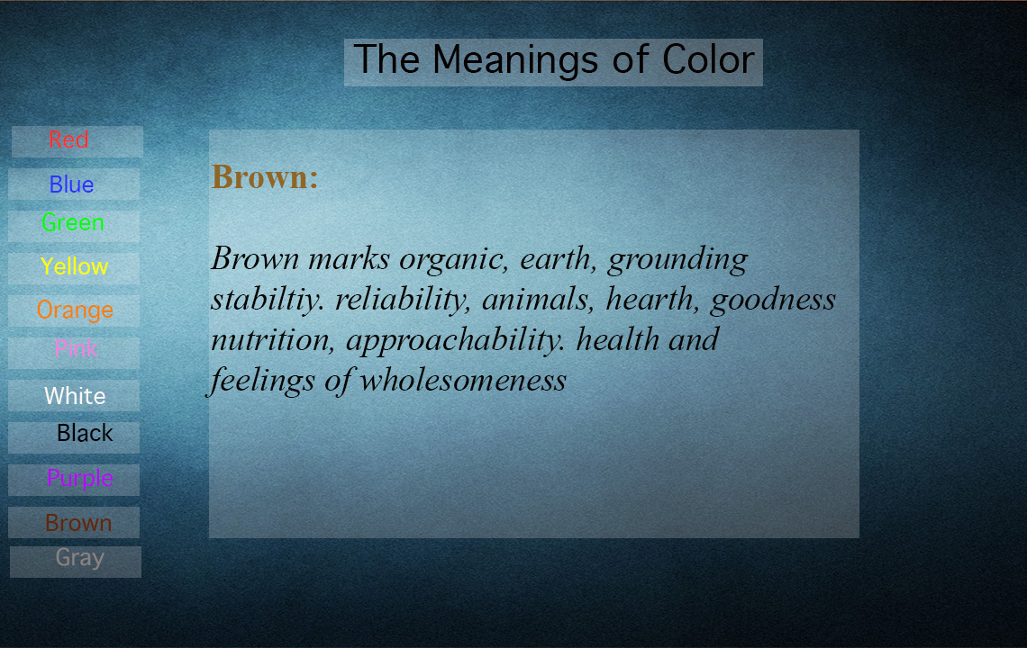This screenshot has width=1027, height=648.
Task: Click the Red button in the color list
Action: [77, 141]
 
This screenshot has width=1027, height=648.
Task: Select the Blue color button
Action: [74, 184]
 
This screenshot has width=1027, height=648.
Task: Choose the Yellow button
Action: [74, 268]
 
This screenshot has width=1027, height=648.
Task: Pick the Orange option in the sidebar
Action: [74, 310]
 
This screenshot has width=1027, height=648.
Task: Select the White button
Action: [74, 395]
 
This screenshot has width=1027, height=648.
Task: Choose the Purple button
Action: [74, 480]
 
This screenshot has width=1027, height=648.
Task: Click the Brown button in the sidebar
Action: [74, 522]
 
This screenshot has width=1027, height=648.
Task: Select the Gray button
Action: [76, 562]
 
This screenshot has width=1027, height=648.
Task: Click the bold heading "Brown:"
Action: [265, 176]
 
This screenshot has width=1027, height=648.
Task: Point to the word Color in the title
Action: [708, 59]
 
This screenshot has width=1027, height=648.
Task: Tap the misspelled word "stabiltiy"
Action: [268, 300]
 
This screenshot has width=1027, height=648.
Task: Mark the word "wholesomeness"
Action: [463, 381]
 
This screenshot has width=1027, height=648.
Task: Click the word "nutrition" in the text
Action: [272, 339]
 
